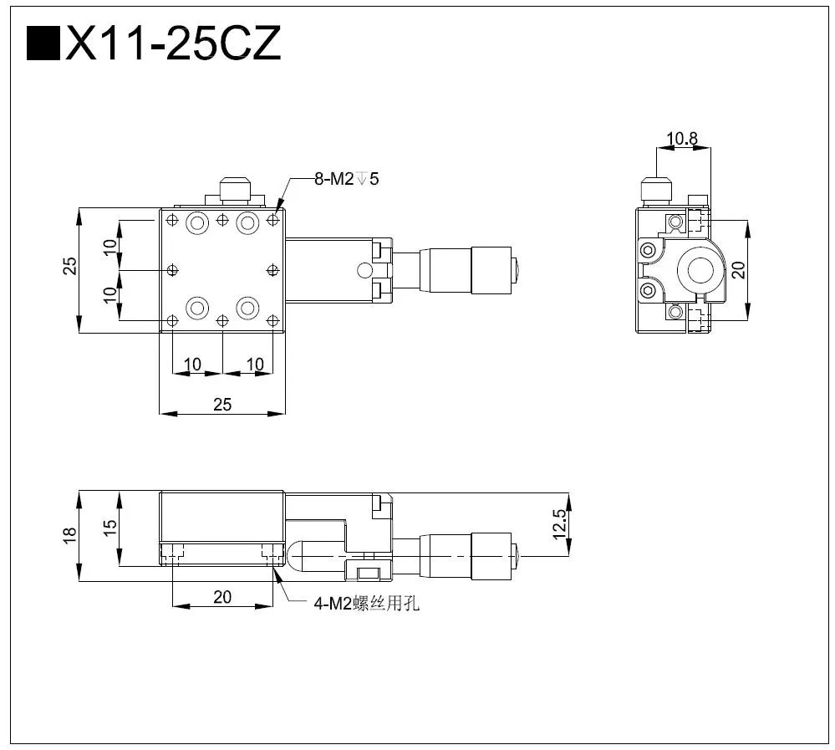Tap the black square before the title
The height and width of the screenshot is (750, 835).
pyautogui.click(x=43, y=43)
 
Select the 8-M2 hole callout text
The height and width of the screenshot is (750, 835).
pyautogui.click(x=346, y=178)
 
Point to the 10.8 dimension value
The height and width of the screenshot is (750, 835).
pyautogui.click(x=682, y=139)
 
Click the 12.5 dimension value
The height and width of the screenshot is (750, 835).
pyautogui.click(x=559, y=525)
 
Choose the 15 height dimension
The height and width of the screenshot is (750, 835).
pyautogui.click(x=109, y=529)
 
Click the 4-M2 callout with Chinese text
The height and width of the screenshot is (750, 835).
pyautogui.click(x=366, y=604)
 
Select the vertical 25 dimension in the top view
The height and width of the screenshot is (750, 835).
pyautogui.click(x=70, y=266)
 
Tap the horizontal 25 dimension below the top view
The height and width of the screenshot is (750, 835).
pyautogui.click(x=221, y=404)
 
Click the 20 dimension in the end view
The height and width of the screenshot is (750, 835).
pyautogui.click(x=737, y=269)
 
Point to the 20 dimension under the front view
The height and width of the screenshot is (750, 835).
pyautogui.click(x=221, y=597)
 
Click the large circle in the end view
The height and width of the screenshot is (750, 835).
pyautogui.click(x=700, y=270)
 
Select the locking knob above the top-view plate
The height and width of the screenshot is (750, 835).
pyautogui.click(x=235, y=188)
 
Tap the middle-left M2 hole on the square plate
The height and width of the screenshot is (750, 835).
pyautogui.click(x=172, y=269)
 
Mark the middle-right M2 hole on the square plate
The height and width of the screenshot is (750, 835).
pyautogui.click(x=272, y=269)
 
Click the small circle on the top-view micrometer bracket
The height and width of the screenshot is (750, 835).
pyautogui.click(x=363, y=269)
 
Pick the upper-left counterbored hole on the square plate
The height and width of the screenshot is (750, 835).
pyautogui.click(x=197, y=222)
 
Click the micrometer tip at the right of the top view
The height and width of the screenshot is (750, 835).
pyautogui.click(x=517, y=269)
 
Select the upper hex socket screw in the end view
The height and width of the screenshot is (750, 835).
pyautogui.click(x=648, y=249)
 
